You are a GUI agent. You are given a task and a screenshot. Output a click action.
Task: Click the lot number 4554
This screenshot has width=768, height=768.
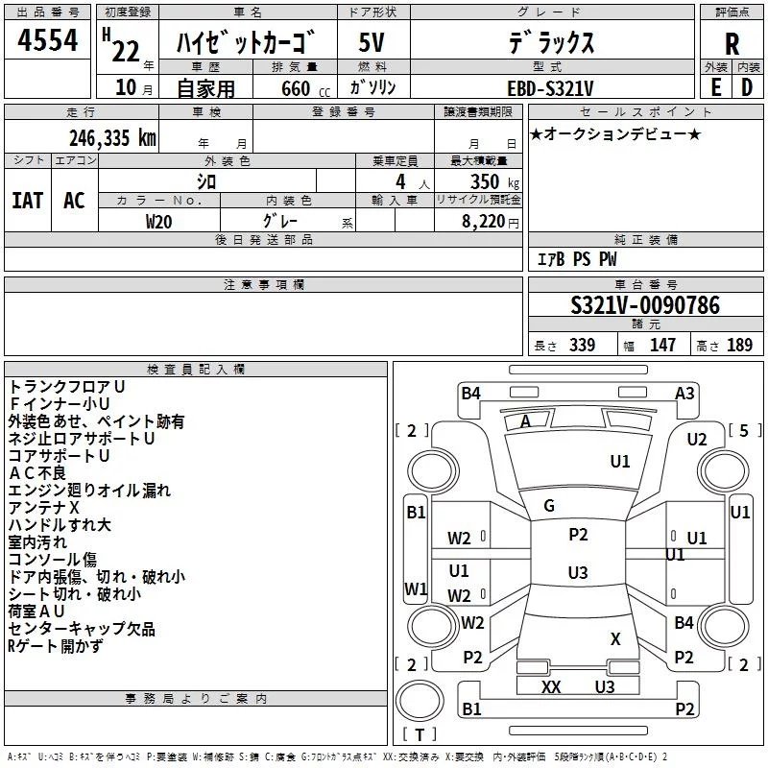pos(47,40)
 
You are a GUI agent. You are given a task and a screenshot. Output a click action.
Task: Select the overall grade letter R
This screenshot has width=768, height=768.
pos(732,44)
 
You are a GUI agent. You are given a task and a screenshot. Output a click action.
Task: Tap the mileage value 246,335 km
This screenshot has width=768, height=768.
pos(112,138)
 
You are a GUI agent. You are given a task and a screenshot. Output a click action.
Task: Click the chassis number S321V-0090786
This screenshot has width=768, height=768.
pos(645,305)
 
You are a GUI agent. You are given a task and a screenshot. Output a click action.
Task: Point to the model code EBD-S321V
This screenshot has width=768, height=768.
pos(550,88)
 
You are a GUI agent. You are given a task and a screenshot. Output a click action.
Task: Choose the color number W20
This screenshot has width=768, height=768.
pos(158,222)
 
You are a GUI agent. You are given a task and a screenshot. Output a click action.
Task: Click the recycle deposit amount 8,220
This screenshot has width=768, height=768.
pos(484,222)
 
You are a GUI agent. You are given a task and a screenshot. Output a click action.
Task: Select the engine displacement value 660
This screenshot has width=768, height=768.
pos(296,88)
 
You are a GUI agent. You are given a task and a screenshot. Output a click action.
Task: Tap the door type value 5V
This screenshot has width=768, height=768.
pos(372,42)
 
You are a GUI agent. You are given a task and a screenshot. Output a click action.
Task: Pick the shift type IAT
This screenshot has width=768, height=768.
pos(28,201)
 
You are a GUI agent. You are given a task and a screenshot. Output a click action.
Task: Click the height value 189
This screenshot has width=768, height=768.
pos(739,345)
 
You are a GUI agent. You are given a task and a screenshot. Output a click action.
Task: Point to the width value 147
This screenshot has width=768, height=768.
pos(662,345)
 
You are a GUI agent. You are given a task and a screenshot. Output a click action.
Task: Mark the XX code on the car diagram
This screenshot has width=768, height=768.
pos(551,687)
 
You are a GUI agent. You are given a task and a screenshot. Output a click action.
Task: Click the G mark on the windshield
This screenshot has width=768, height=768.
pos(549,506)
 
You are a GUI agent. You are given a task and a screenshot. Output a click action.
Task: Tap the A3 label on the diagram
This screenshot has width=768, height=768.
pos(684,394)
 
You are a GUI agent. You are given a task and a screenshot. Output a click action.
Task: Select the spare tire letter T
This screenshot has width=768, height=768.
pos(420,734)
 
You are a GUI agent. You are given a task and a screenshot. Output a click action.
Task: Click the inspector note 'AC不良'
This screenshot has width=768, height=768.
pos(37,473)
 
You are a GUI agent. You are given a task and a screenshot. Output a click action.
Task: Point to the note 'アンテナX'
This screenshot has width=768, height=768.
pos(43,508)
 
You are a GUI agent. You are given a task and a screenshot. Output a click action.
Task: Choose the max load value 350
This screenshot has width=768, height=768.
pos(485,181)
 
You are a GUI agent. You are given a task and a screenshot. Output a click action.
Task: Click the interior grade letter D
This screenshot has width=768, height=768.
pos(747,87)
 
